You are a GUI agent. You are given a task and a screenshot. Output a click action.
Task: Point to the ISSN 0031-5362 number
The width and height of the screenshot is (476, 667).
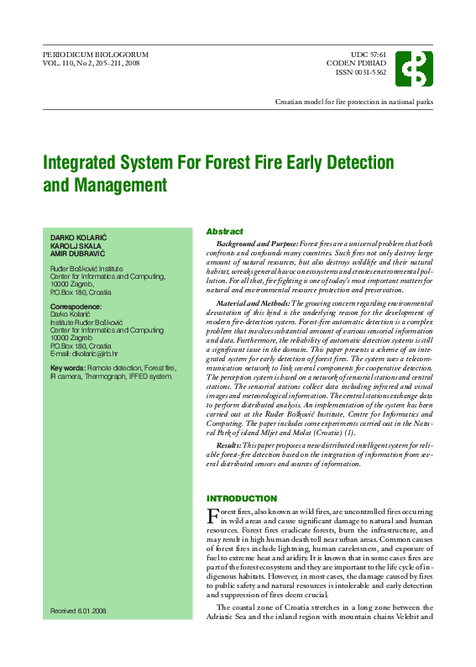pyautogui.click(x=361, y=72)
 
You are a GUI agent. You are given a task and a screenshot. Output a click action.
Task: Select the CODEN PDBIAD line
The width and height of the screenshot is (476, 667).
pyautogui.click(x=357, y=63)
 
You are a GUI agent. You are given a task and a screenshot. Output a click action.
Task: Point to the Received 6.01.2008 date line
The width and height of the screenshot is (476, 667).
pyautogui.click(x=80, y=611)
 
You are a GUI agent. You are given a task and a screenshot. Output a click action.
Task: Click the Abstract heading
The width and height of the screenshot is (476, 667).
pyautogui.click(x=224, y=231)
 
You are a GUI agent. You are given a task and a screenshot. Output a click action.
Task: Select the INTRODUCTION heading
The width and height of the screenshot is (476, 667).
pyautogui.click(x=242, y=498)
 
